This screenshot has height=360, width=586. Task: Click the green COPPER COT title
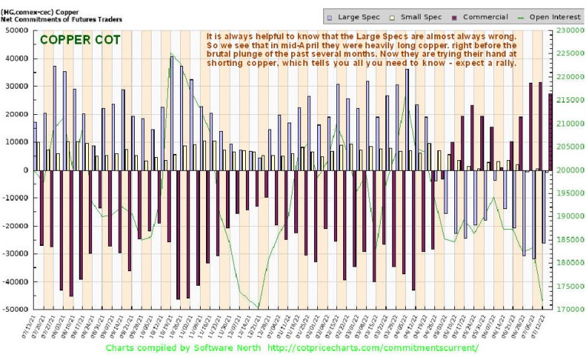tap(80, 40)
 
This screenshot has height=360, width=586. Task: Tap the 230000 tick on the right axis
tap(568, 31)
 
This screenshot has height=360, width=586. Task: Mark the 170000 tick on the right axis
tap(568, 309)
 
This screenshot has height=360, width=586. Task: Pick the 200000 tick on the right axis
tap(568, 170)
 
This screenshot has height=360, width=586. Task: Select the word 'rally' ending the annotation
tap(503, 63)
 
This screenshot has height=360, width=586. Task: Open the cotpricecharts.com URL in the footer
tap(372, 348)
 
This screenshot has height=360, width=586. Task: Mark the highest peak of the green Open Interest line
tap(170, 53)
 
